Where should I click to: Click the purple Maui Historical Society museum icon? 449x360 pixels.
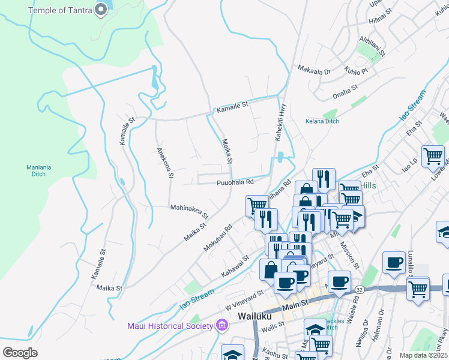[222, 326]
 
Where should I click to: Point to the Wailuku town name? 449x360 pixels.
[255, 316]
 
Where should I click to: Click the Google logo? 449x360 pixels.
[20, 353]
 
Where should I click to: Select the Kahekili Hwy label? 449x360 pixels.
[280, 122]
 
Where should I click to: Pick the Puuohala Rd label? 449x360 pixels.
[235, 182]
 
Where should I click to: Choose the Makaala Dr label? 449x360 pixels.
[315, 71]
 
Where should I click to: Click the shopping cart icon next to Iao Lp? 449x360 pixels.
[433, 156]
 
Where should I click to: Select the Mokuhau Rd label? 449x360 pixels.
[217, 238]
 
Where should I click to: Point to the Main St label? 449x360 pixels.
[295, 307]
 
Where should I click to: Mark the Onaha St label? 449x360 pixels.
[345, 92]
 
